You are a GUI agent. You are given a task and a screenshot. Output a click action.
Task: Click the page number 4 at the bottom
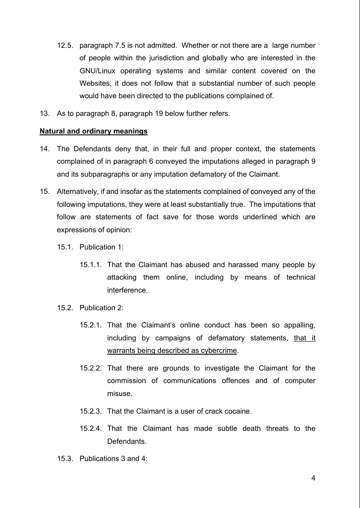[313, 477]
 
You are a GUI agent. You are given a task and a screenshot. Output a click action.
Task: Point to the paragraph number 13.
[44, 114]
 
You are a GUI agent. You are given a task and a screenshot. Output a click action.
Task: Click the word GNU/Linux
[100, 71]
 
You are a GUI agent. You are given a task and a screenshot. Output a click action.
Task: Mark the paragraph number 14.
[44, 149]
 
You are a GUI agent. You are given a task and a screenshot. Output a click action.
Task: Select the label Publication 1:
[101, 247]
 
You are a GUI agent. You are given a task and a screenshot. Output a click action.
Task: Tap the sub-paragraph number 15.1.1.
[90, 265]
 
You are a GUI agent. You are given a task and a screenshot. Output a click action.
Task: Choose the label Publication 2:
[101, 308]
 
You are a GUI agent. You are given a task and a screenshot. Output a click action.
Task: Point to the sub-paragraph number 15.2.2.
[90, 368]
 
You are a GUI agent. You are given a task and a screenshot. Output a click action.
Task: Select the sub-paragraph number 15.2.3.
[90, 411]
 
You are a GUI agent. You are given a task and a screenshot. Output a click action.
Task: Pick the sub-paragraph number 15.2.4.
[90, 428]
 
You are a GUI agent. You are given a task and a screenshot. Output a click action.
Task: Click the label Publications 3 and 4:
[113, 458]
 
